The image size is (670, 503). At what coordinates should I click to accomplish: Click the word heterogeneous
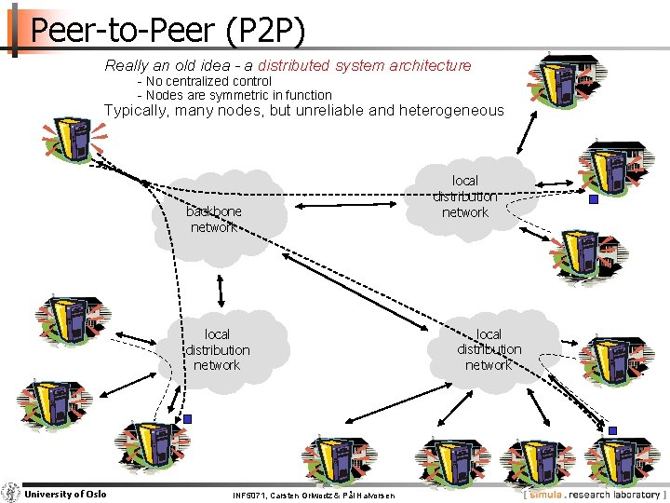click(x=450, y=110)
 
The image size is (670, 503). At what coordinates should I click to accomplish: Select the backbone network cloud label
click(x=214, y=219)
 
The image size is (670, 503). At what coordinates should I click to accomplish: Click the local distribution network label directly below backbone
click(x=217, y=349)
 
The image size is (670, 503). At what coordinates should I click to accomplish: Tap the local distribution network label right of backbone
click(x=464, y=197)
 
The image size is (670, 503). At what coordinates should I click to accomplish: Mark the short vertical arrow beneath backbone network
click(x=221, y=290)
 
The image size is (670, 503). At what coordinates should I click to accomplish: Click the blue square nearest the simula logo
click(x=612, y=430)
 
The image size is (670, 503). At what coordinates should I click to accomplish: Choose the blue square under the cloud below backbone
click(x=187, y=419)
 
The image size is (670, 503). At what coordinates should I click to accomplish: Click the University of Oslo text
click(x=65, y=494)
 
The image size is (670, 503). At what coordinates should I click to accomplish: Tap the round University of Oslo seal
click(x=11, y=493)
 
